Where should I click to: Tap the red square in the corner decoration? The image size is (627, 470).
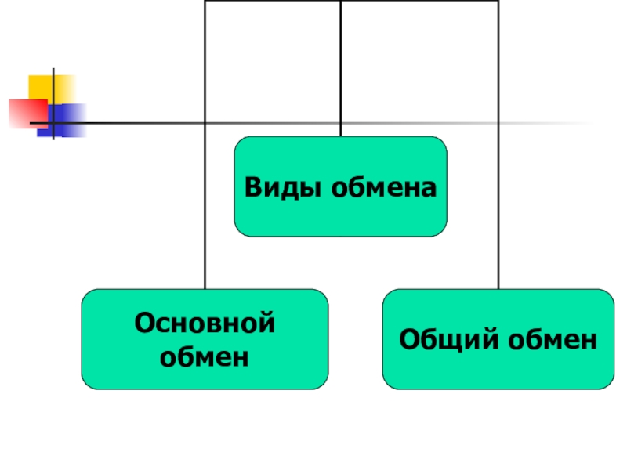pos(24,112)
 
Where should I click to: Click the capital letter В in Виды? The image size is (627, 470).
pos(252,187)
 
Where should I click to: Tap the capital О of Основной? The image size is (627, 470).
pos(143,323)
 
